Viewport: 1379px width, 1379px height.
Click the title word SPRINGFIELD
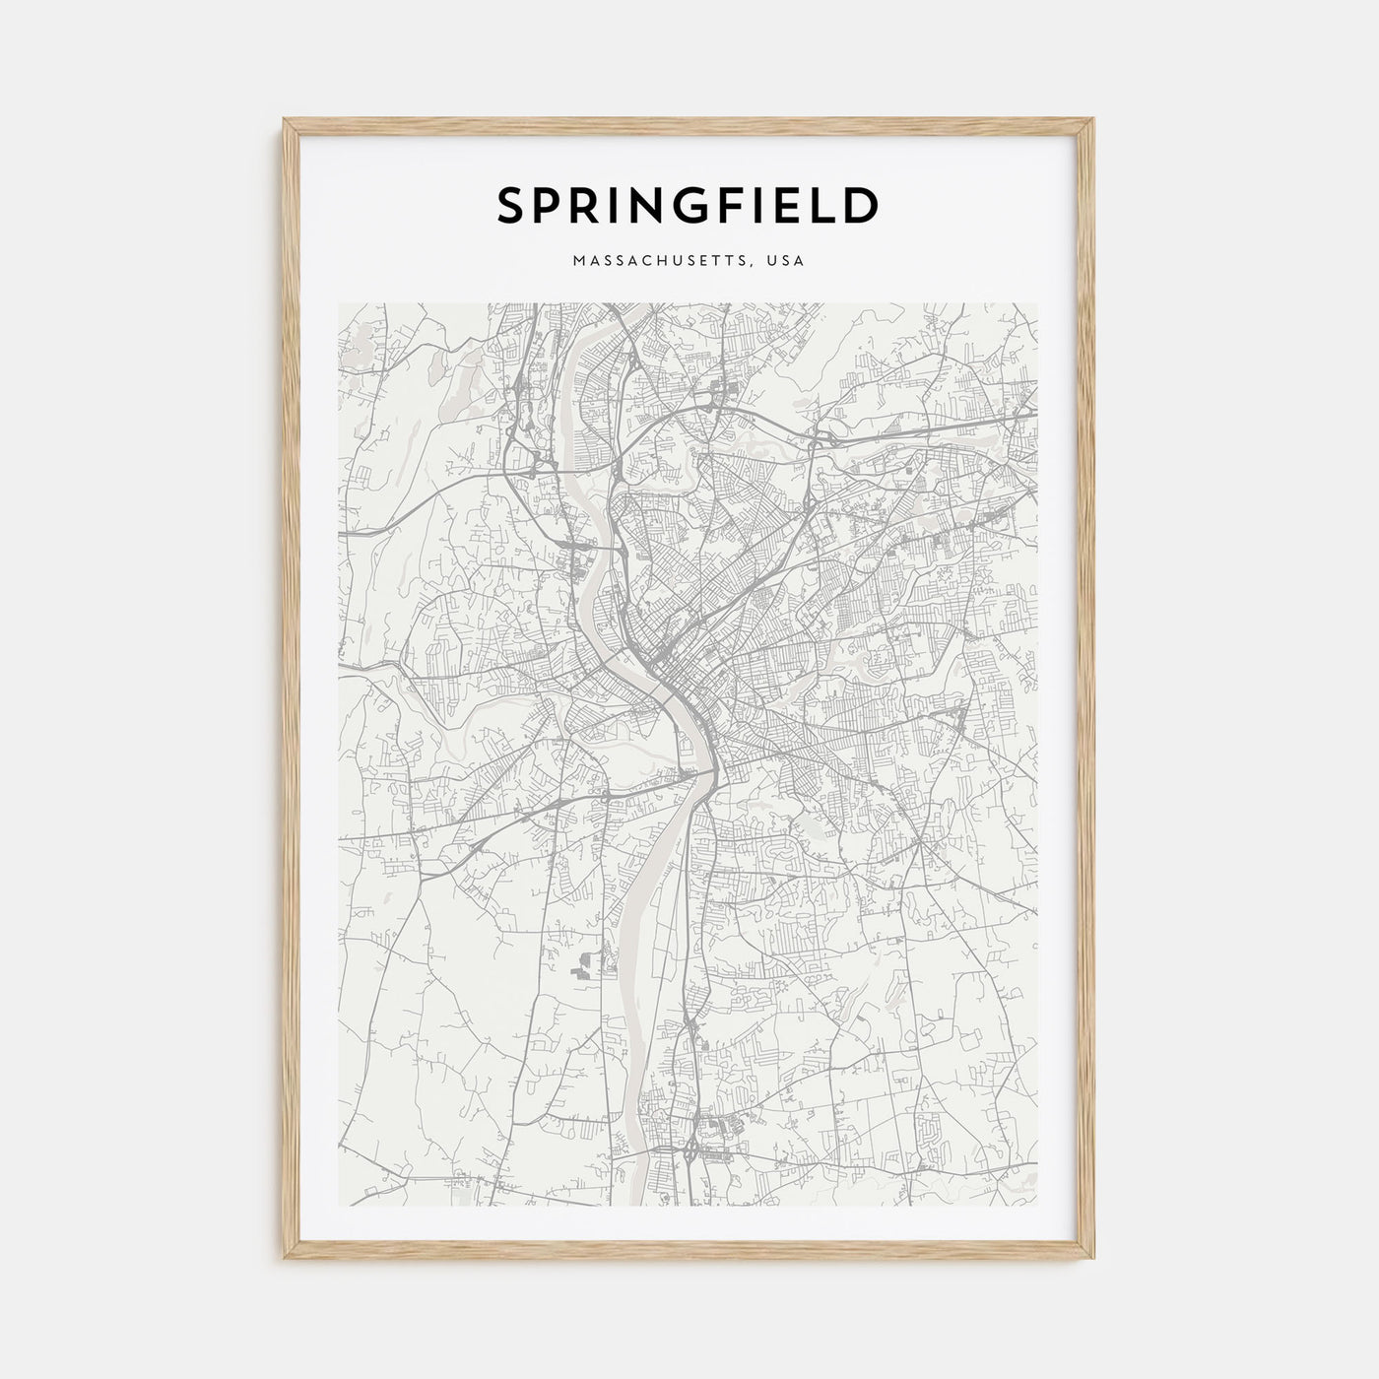pos(688,205)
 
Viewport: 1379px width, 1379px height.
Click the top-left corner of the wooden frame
pos(285,119)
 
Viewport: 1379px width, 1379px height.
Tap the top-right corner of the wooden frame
pos(1093,119)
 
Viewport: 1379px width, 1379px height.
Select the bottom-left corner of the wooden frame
pos(285,1260)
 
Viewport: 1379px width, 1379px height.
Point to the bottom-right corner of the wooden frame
pos(1093,1260)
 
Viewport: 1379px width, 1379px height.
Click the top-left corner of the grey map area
pos(339,303)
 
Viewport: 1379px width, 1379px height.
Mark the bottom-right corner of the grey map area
pos(1037,1205)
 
